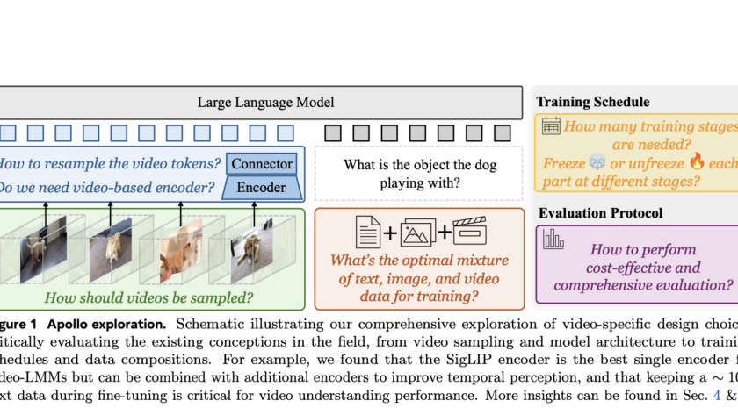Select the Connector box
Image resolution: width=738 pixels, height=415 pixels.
261,163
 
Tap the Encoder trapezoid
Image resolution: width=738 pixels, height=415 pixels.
261,187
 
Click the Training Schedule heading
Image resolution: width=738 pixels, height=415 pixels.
593,102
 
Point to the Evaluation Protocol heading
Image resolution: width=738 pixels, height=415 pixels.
600,212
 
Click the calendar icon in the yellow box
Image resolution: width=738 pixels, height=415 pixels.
551,125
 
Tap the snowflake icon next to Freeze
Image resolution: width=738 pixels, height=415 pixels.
597,163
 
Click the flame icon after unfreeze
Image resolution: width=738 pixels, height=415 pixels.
698,163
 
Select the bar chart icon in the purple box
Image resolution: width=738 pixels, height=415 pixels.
553,239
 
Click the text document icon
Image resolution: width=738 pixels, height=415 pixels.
367,232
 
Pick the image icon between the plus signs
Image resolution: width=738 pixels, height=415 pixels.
417,233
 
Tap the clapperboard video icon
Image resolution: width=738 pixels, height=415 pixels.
468,232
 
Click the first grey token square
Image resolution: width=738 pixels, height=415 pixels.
333,133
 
